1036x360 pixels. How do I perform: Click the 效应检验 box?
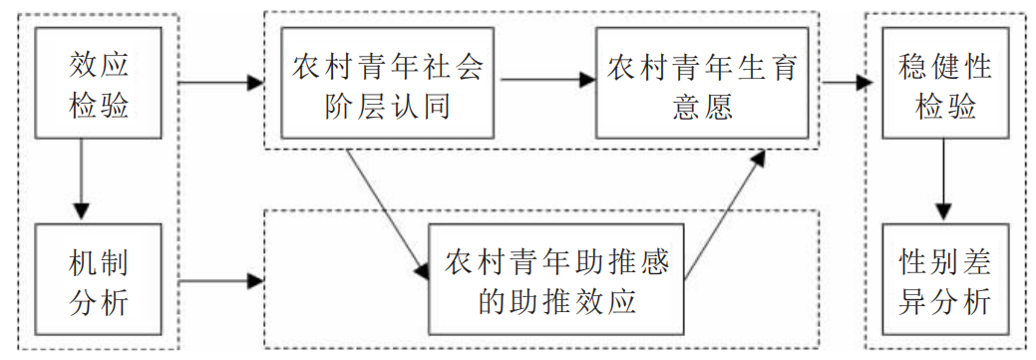(99, 85)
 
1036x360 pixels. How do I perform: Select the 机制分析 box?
(99, 280)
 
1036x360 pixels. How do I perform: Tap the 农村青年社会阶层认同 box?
(388, 85)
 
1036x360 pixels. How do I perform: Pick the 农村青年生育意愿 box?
(703, 85)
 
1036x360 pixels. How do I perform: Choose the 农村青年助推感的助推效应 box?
(556, 280)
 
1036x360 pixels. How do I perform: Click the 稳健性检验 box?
(944, 85)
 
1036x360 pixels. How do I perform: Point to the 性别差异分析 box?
(944, 280)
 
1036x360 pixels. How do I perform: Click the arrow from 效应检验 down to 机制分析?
(82, 180)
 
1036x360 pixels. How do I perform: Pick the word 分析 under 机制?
(99, 301)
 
